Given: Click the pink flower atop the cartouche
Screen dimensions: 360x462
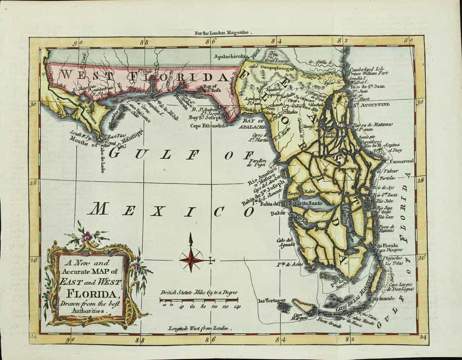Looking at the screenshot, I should (86, 237).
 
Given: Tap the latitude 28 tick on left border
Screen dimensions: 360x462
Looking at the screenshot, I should (34, 182).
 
